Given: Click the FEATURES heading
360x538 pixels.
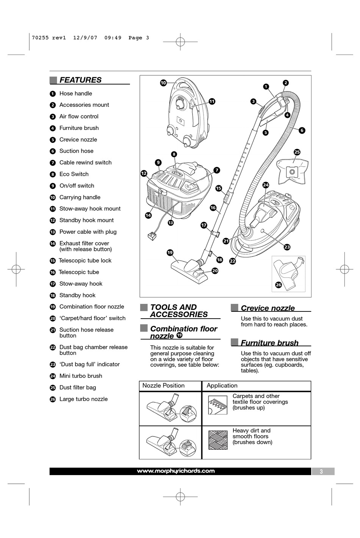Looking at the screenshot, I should point(80,80).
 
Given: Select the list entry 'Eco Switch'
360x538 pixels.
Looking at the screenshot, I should point(74,174).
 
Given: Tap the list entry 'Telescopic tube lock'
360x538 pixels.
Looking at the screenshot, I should point(85,261).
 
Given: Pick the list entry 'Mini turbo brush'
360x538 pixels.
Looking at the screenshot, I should point(81,376).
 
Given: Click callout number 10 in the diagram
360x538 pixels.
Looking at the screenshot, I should point(163,83).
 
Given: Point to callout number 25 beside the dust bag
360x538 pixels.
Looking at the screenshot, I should point(297,152).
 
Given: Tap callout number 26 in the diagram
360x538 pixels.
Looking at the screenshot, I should point(279,285).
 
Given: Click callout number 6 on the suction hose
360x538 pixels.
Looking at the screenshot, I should point(302,130).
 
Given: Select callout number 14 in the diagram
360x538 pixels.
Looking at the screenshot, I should point(148,215).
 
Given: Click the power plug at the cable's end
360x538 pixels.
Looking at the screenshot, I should point(152,236).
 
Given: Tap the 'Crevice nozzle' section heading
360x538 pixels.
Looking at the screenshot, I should point(268,308).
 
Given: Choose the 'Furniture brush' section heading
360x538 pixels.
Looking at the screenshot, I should point(269,343).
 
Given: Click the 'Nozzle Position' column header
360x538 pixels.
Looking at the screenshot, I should point(163,386).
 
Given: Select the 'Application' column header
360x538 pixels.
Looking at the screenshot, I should point(222,386).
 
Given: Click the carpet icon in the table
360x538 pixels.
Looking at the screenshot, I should point(218,405).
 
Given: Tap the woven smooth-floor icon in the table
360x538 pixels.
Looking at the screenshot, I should point(218,440).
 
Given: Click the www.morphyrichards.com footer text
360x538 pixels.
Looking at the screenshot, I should point(176,471).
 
